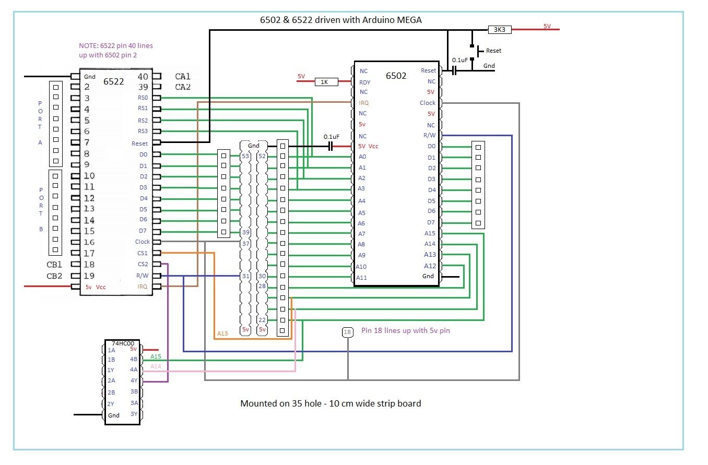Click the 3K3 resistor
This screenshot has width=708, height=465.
pos(500,30)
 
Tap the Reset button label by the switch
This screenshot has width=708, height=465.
pos(493,51)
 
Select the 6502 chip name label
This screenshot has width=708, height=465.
pos(396,76)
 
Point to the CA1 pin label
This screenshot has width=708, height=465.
pos(183,76)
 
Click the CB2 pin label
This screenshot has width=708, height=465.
pos(54,276)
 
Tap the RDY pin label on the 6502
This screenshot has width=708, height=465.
pos(364,82)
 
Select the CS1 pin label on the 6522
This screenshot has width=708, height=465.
pos(143,253)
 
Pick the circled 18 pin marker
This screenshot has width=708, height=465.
pos(347,332)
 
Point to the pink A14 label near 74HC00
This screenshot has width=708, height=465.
pos(156,367)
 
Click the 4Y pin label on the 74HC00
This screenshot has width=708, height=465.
pos(134,380)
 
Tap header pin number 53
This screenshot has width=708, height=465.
pos(245,156)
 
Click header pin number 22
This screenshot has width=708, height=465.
pos(262,320)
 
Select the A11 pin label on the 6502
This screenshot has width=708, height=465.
pos(361,278)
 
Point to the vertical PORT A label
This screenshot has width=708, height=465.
pos(40,123)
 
